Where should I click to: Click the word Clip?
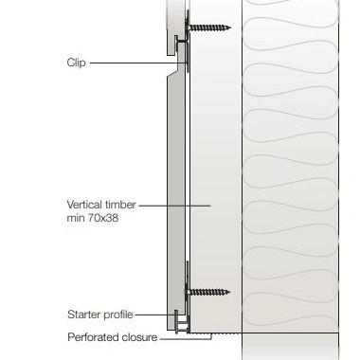[76, 63]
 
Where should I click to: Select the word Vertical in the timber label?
[84, 205]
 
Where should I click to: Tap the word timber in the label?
[120, 205]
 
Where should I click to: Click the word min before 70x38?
[75, 218]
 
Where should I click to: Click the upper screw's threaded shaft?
[208, 27]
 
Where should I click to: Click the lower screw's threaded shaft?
[208, 292]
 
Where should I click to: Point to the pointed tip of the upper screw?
[230, 27]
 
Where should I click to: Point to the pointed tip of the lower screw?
[229, 292]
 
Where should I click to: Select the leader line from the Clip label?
[138, 63]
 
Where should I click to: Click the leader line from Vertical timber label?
[174, 206]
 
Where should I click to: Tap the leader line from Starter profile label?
[155, 315]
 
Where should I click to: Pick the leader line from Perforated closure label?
[186, 339]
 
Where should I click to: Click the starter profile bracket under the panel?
[181, 322]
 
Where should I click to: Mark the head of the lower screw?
[189, 292]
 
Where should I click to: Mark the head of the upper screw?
[189, 27]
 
